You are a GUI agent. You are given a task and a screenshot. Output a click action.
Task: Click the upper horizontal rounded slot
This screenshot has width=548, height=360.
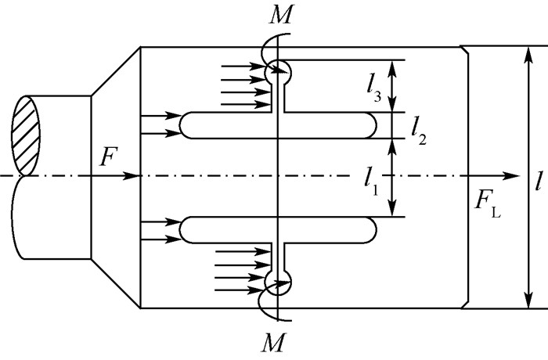(279, 125)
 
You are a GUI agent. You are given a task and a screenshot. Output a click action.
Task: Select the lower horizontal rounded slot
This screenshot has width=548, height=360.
(279, 229)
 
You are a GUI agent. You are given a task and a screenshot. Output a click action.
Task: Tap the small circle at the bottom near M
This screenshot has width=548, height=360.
(277, 282)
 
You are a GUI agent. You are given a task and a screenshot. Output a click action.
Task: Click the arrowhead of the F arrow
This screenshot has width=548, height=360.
(135, 176)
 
